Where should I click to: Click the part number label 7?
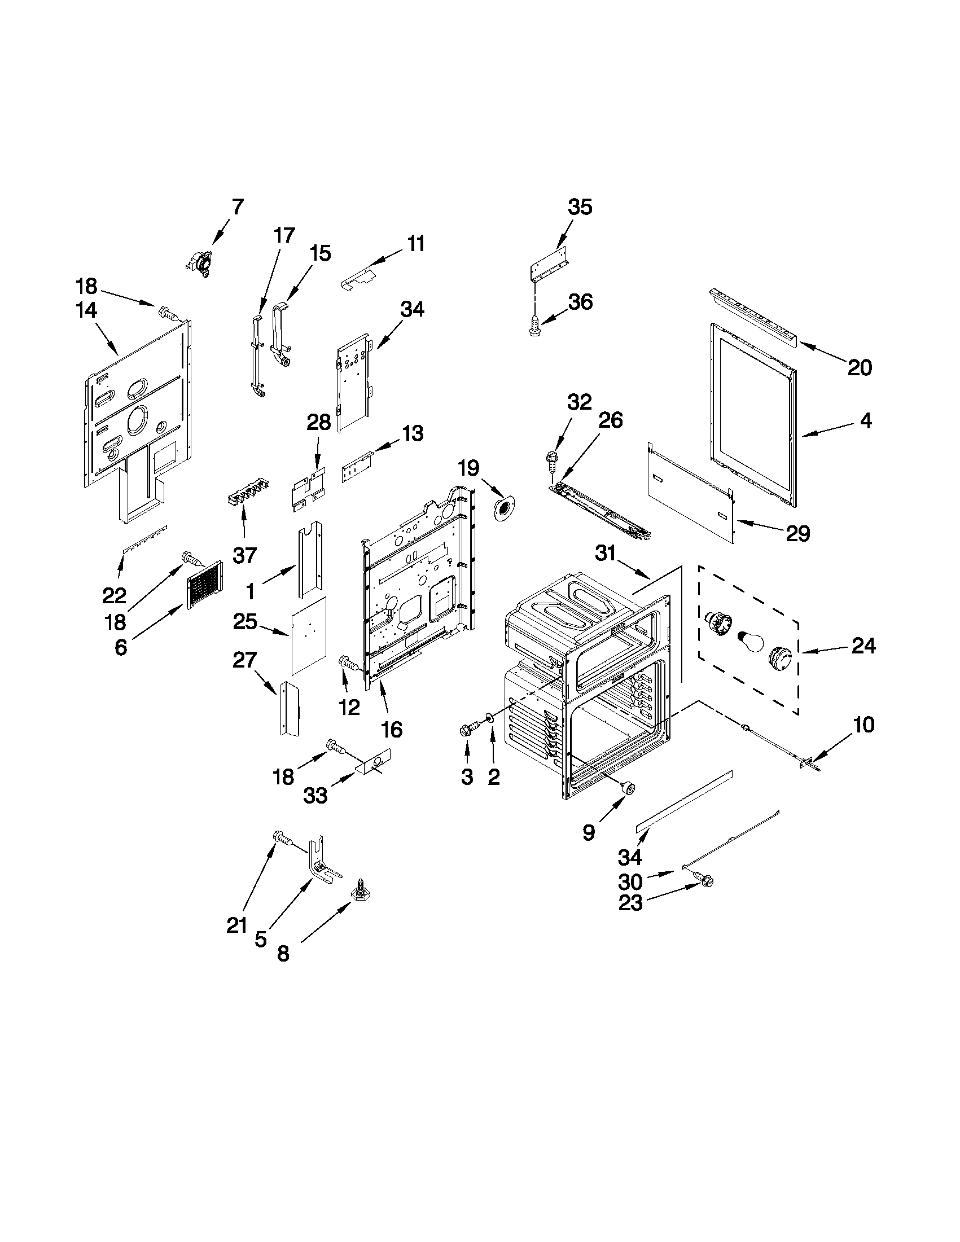pos(238,207)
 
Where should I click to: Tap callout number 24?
pos(863,646)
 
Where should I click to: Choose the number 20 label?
pos(860,368)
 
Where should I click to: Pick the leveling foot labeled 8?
pos(360,892)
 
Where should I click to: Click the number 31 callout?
pos(606,552)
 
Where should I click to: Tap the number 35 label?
pos(580,207)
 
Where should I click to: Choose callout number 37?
pos(245,555)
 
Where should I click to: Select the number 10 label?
pos(863,725)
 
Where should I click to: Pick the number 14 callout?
pos(86,310)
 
